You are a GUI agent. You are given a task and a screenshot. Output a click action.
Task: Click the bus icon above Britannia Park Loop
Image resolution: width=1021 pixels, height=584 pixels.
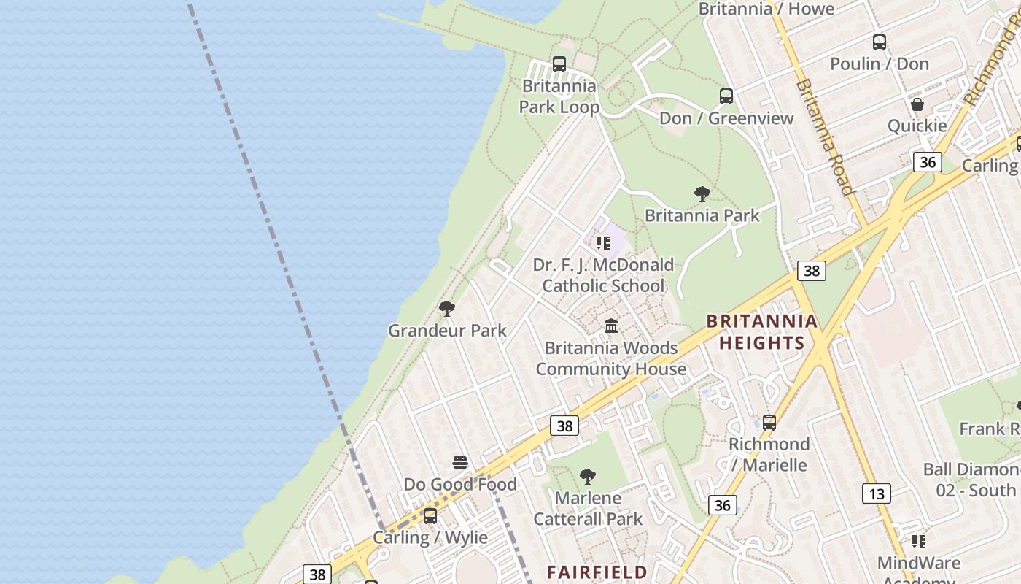point(559,64)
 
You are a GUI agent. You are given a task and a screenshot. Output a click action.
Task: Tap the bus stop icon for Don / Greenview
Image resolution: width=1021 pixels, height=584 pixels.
point(726,96)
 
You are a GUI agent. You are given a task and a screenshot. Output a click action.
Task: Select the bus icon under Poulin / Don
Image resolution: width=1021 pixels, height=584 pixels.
point(880,42)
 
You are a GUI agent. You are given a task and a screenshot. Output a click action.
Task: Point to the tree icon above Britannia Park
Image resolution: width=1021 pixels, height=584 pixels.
point(702,194)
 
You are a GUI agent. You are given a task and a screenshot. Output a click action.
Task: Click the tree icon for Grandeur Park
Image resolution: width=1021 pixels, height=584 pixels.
point(447,309)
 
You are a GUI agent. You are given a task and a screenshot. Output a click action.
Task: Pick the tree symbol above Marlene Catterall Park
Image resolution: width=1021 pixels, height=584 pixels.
point(588,477)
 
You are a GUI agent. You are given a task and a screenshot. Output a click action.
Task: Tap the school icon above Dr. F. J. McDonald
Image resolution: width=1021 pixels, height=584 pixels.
point(603,243)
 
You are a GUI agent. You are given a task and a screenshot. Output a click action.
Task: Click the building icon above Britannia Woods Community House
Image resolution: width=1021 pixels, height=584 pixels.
point(611,326)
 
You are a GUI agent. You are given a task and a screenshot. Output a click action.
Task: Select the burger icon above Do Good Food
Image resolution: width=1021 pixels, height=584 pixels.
point(460,463)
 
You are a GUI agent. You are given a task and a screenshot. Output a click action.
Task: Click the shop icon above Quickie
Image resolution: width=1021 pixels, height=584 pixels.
point(917,104)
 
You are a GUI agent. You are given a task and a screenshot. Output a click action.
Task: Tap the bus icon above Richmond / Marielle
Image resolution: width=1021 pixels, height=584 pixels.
point(769,422)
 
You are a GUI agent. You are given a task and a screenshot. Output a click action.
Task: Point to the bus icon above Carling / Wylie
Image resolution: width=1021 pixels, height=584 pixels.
point(430,516)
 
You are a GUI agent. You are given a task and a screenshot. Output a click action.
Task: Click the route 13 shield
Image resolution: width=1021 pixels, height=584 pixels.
point(876,494)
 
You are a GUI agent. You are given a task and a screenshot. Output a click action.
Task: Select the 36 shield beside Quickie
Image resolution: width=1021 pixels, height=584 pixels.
point(928,161)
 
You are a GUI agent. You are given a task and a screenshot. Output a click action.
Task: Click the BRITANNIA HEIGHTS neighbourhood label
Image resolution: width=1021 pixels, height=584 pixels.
point(762,332)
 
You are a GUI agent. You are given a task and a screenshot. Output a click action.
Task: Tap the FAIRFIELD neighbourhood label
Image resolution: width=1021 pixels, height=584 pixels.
point(597,572)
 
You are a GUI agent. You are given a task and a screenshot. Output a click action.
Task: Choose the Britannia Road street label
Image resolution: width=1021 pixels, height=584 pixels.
point(824,137)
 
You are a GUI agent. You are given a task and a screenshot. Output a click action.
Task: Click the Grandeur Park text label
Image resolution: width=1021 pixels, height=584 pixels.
point(447,331)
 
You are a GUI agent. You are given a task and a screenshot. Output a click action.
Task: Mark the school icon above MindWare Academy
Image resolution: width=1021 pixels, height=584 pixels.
point(919,542)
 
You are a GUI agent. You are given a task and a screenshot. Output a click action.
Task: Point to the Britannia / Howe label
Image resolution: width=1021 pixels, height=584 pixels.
point(766,9)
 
